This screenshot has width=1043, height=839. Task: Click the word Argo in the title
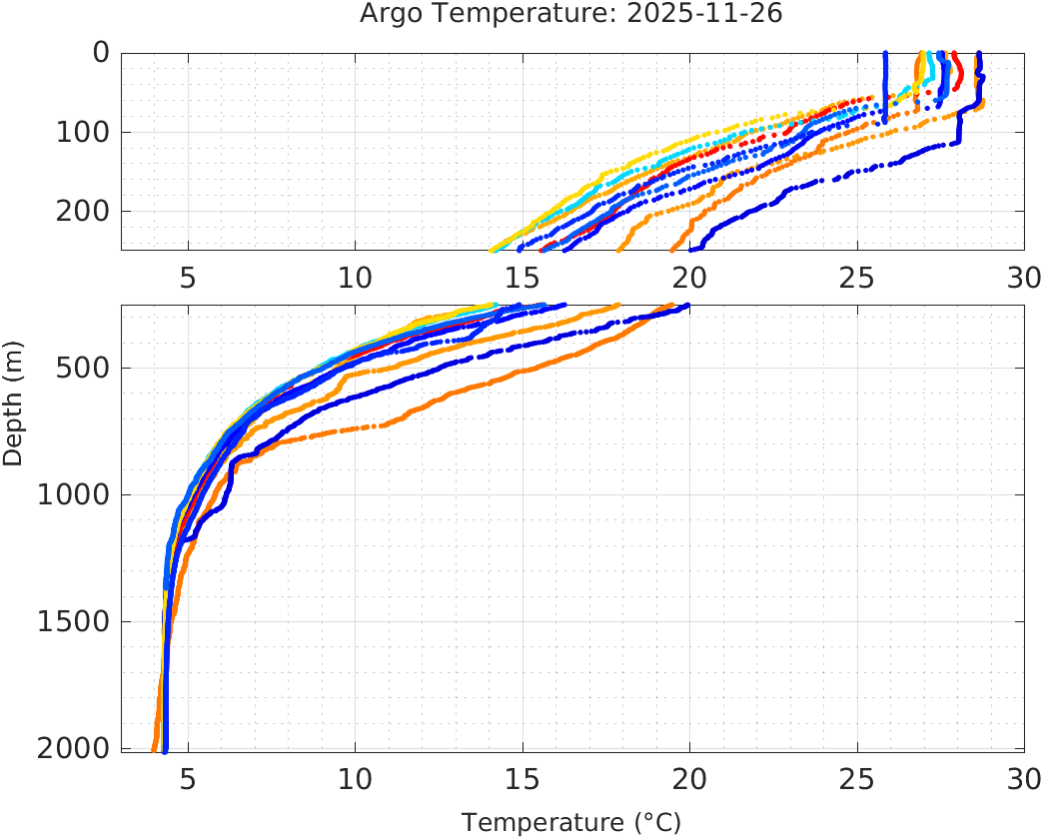click(387, 15)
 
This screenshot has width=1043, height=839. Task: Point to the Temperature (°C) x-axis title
click(570, 823)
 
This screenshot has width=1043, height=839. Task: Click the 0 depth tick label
click(101, 53)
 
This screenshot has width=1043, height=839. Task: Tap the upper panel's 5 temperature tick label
click(188, 277)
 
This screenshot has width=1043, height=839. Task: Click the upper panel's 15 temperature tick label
click(522, 277)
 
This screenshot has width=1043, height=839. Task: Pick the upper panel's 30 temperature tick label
click(1021, 277)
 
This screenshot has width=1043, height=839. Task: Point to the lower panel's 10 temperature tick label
click(355, 778)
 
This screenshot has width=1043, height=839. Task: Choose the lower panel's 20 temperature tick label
click(689, 778)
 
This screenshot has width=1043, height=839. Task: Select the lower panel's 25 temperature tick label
click(856, 778)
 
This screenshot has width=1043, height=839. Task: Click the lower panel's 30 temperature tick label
click(1021, 778)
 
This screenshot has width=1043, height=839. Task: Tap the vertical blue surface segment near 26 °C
click(885, 85)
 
